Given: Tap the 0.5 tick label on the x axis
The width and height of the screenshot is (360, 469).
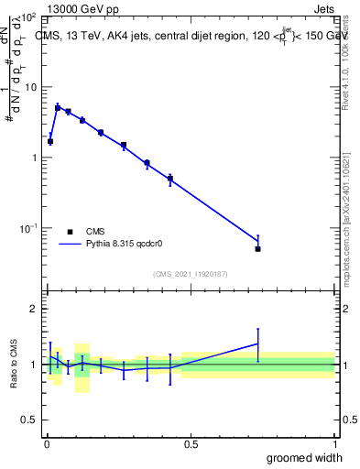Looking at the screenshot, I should click(x=191, y=444).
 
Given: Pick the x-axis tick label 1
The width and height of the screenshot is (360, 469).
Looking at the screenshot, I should click(x=334, y=444).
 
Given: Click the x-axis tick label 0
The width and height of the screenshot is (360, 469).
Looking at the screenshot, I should click(x=47, y=444).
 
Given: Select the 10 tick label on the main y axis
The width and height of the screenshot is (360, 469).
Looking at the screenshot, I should click(x=30, y=87).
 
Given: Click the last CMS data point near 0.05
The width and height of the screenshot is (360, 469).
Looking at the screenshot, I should click(x=257, y=249).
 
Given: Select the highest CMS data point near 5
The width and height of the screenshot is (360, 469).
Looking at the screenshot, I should click(x=58, y=108).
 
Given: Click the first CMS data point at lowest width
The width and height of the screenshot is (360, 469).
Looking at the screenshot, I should click(x=50, y=142).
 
